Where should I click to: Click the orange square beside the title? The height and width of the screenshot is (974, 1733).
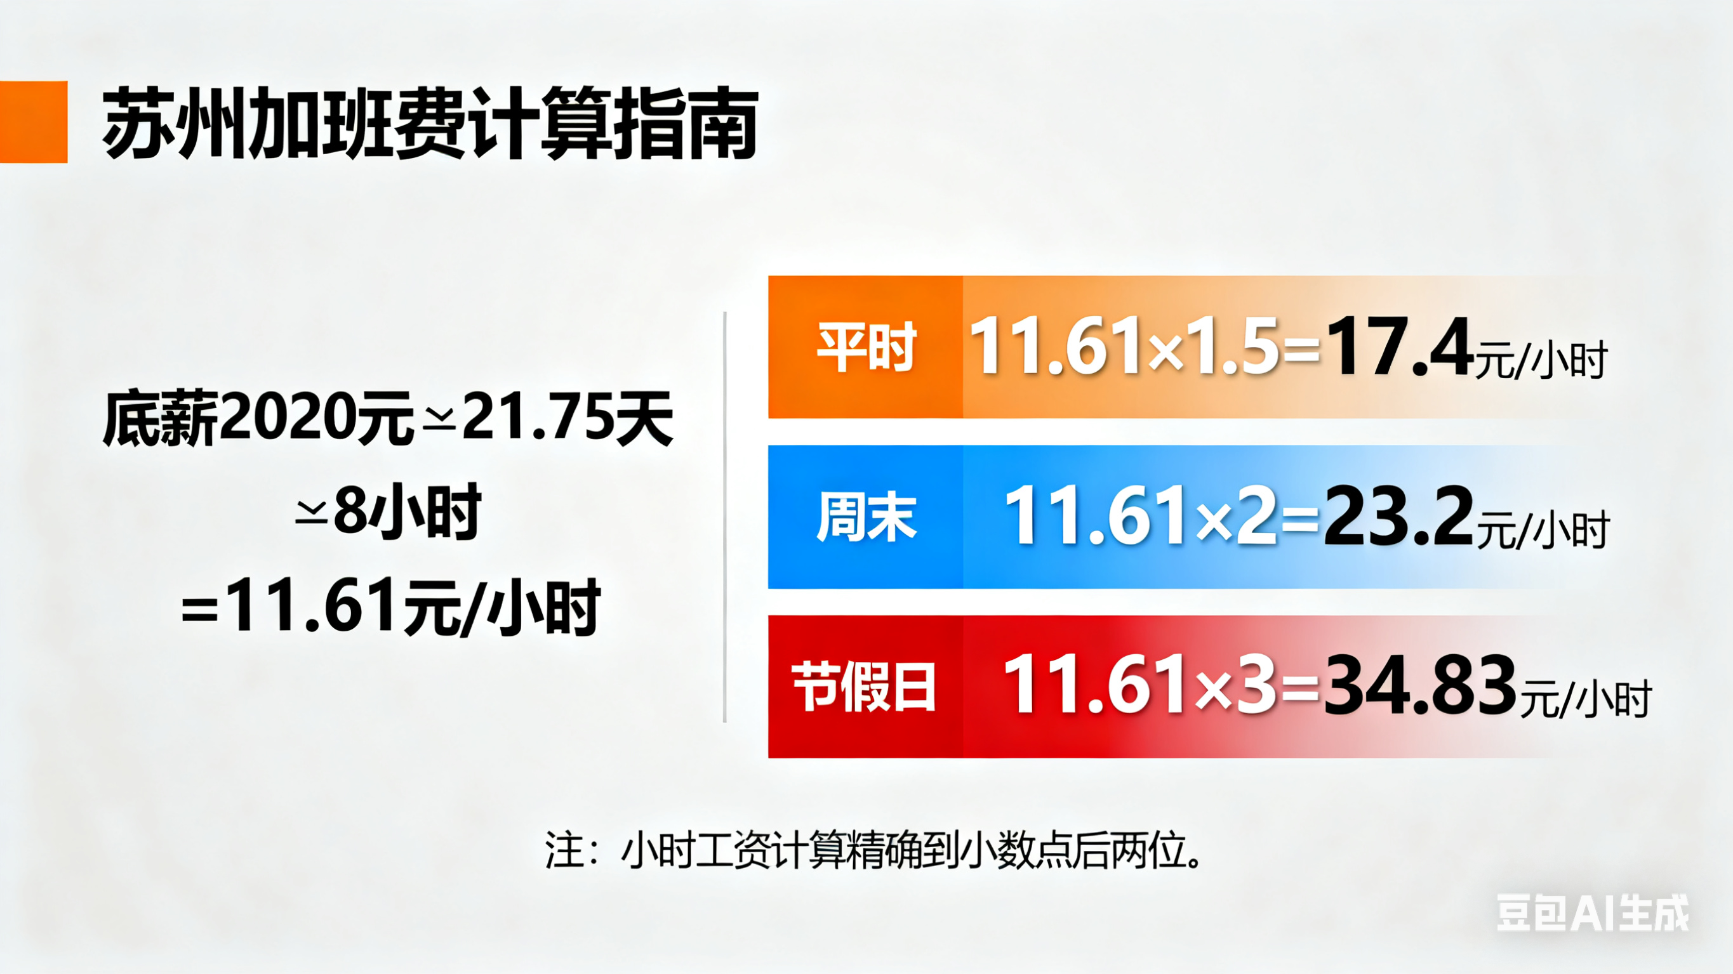click(x=34, y=122)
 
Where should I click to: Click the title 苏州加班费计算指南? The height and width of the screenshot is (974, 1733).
click(x=430, y=123)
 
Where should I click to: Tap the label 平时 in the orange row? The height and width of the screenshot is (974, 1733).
click(x=866, y=347)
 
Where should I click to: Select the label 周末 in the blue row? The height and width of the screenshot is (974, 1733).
click(x=866, y=517)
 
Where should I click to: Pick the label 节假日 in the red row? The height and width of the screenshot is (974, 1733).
click(x=865, y=687)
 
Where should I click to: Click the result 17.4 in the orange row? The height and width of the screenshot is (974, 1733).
click(x=1400, y=347)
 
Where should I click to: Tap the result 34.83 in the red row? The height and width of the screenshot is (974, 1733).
click(x=1420, y=687)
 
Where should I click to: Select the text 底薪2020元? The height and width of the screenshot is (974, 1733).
click(x=258, y=418)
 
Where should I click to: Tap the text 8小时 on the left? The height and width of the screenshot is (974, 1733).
click(x=408, y=512)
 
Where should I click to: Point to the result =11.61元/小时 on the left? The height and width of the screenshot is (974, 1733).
click(x=390, y=607)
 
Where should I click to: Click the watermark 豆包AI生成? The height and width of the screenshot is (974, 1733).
click(x=1593, y=913)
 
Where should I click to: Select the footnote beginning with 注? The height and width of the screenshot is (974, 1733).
click(x=873, y=852)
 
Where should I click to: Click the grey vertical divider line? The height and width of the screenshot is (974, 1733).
click(x=724, y=517)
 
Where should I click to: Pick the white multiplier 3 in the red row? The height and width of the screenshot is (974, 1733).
click(x=1256, y=687)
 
